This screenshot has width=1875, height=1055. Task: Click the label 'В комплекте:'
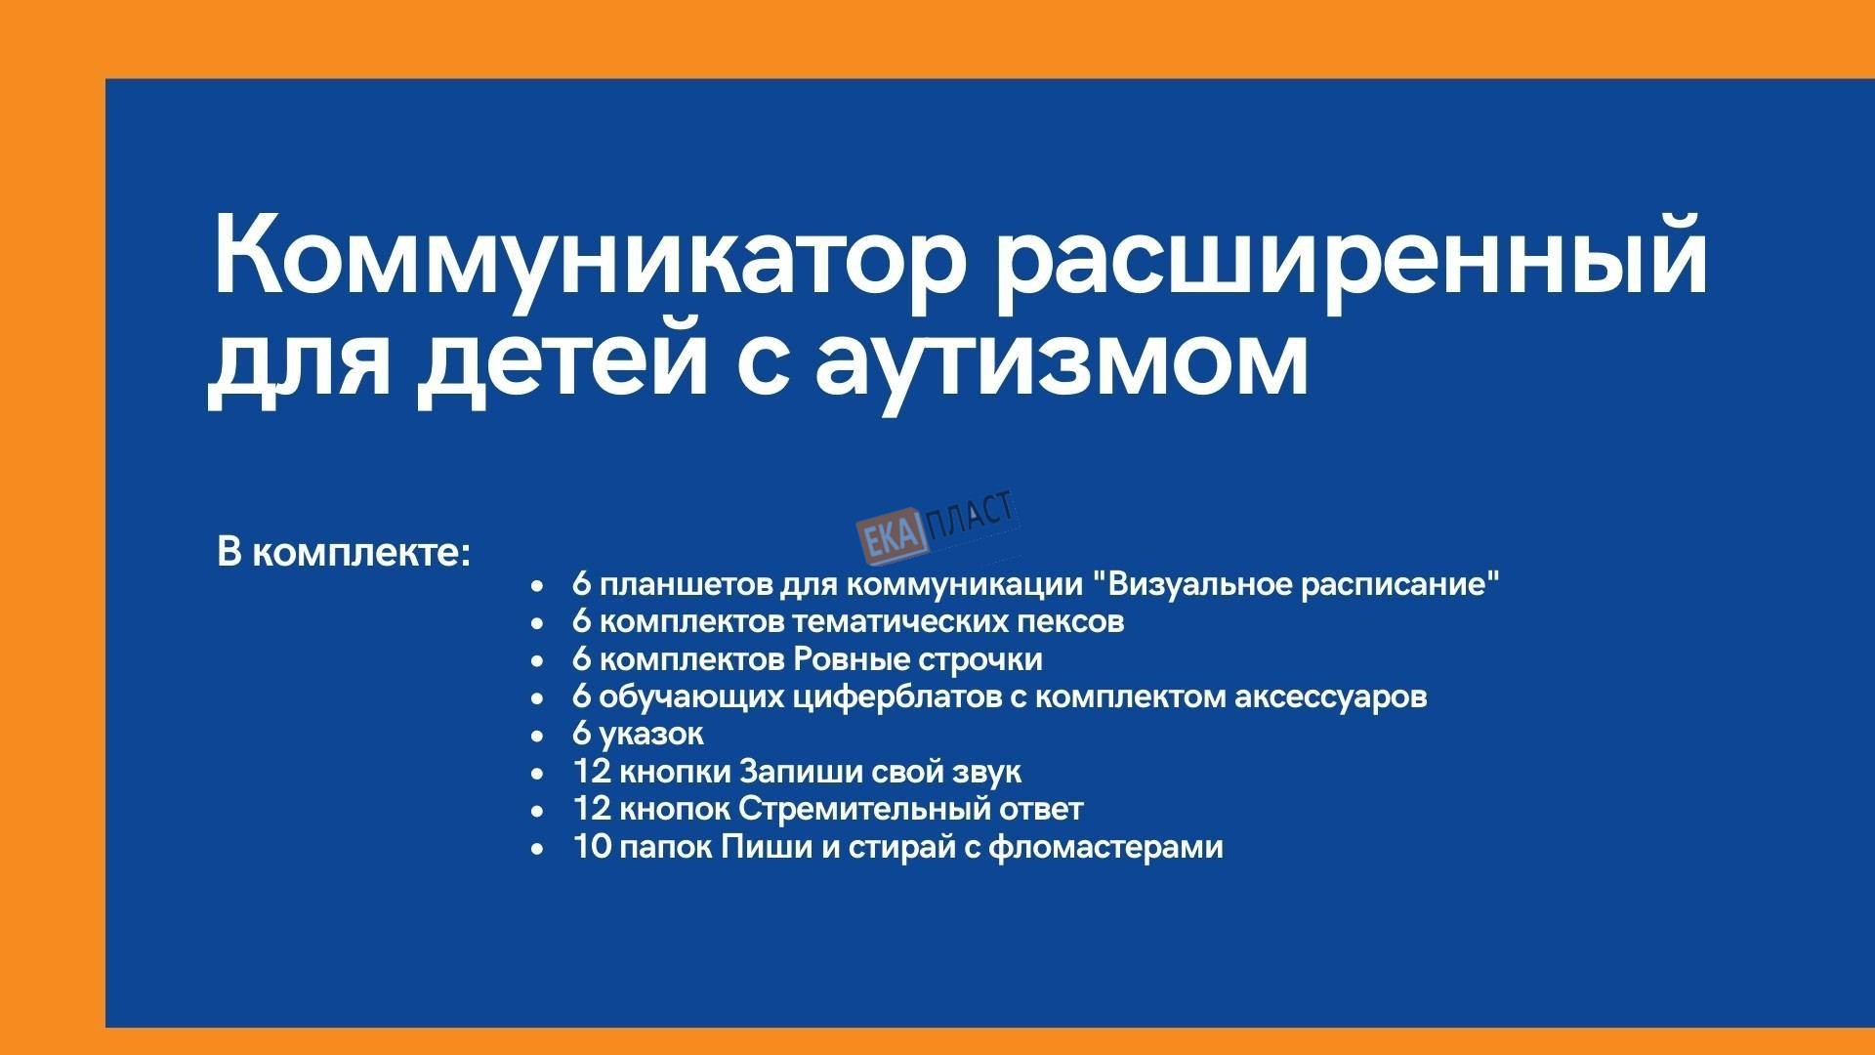click(x=344, y=553)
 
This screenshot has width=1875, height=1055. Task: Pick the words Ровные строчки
click(x=918, y=659)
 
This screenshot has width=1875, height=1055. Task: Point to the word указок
click(x=652, y=734)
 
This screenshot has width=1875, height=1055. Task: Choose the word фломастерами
click(x=1105, y=846)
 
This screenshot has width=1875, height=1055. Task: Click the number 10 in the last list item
click(x=592, y=846)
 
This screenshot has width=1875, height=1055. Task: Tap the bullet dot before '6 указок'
click(x=536, y=736)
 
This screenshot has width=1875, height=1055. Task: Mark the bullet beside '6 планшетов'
click(x=536, y=586)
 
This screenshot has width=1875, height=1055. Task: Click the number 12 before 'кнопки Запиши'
click(x=592, y=772)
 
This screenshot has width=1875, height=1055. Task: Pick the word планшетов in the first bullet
click(x=687, y=585)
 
